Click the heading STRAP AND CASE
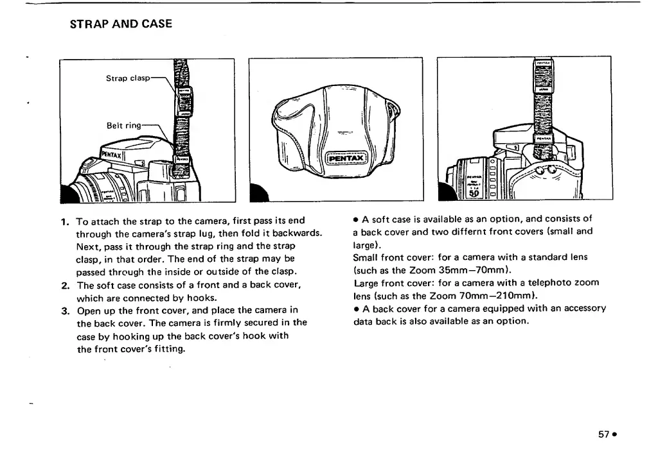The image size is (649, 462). pyautogui.click(x=121, y=24)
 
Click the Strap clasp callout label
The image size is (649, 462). pyautogui.click(x=128, y=78)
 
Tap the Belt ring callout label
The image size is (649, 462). pyautogui.click(x=123, y=125)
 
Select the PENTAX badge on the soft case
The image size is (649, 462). pyautogui.click(x=346, y=158)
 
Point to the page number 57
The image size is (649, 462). pyautogui.click(x=603, y=434)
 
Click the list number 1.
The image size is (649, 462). pyautogui.click(x=64, y=221)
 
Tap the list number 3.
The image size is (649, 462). pyautogui.click(x=64, y=311)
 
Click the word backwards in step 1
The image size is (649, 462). pyautogui.click(x=295, y=233)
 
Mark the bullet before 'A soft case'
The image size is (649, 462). pyautogui.click(x=355, y=220)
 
